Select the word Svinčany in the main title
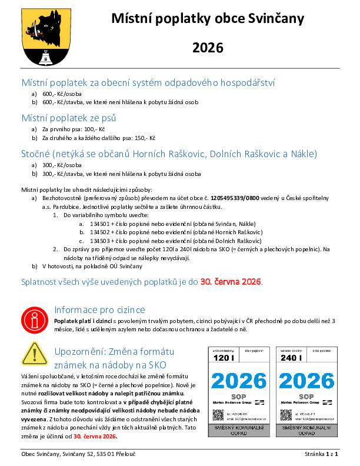279,19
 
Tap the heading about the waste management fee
148,82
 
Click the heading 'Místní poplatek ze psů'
68,118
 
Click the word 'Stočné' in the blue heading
35,154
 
